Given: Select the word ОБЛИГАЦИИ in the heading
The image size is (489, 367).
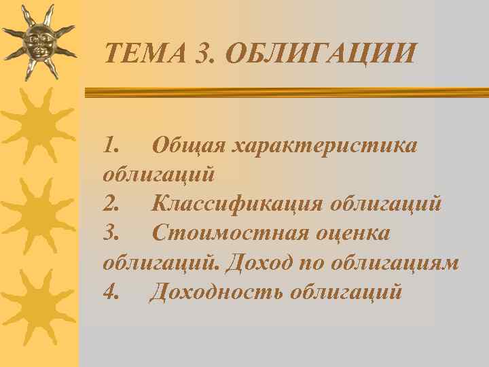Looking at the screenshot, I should (x=319, y=53).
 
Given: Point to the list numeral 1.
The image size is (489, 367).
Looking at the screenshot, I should (x=111, y=145).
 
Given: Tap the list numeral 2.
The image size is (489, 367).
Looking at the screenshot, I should (x=111, y=203).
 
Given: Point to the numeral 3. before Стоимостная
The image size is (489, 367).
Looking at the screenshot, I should (x=111, y=233).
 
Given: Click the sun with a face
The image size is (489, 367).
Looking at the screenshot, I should (x=39, y=42).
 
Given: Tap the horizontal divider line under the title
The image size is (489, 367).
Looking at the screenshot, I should (x=285, y=92).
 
